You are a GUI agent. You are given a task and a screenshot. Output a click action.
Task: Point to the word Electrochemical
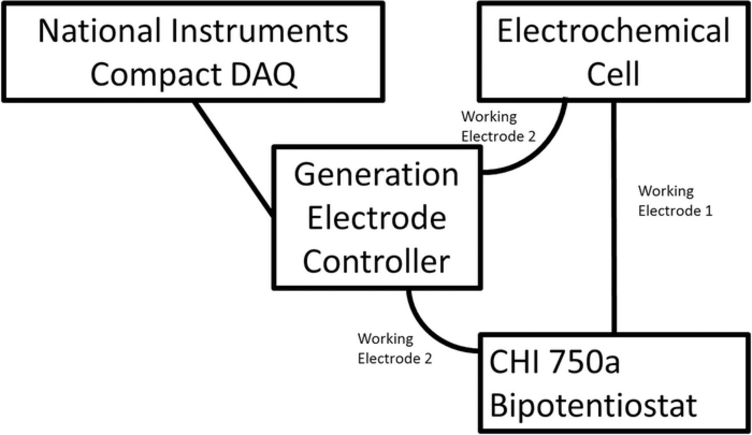click(x=613, y=31)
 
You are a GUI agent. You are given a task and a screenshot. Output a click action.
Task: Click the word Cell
click(x=613, y=74)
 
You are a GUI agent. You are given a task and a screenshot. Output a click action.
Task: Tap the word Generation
click(x=376, y=174)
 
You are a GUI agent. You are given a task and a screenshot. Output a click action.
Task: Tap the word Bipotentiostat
click(x=593, y=405)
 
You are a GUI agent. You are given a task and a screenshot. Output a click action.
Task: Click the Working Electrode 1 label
click(x=674, y=201)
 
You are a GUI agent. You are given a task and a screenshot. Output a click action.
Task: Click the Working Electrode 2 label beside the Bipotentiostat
click(x=394, y=349)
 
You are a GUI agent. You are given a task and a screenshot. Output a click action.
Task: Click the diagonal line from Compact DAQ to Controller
click(x=234, y=159)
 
